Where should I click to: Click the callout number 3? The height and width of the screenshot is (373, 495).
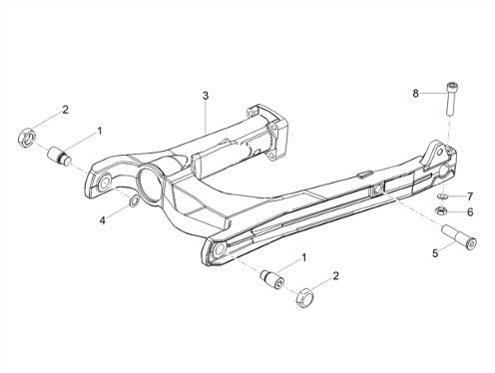(x=206, y=96)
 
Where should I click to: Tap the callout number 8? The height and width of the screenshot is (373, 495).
(x=415, y=94)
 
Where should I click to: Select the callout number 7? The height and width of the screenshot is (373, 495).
(x=470, y=196)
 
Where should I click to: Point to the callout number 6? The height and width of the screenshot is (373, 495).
(x=470, y=211)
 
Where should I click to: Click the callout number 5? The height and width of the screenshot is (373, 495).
(x=435, y=253)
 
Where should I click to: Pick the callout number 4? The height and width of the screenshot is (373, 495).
(x=103, y=220)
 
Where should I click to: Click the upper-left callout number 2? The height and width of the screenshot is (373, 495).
(x=65, y=110)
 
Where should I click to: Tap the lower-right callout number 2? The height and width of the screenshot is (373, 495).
(x=336, y=275)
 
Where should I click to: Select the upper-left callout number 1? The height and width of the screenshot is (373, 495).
(x=99, y=131)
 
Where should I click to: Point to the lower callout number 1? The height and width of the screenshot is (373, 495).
(x=303, y=257)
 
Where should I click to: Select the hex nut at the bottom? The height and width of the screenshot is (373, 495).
(x=303, y=298)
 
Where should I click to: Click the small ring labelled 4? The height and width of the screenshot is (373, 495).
(x=133, y=201)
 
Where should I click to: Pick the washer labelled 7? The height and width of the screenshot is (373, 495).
(x=441, y=196)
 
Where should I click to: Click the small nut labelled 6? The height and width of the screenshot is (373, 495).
(x=441, y=210)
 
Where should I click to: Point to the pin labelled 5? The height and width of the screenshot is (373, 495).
(x=459, y=237)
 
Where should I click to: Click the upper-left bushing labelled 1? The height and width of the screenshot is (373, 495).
(x=60, y=157)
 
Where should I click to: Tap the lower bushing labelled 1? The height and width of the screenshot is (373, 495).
(x=272, y=278)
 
